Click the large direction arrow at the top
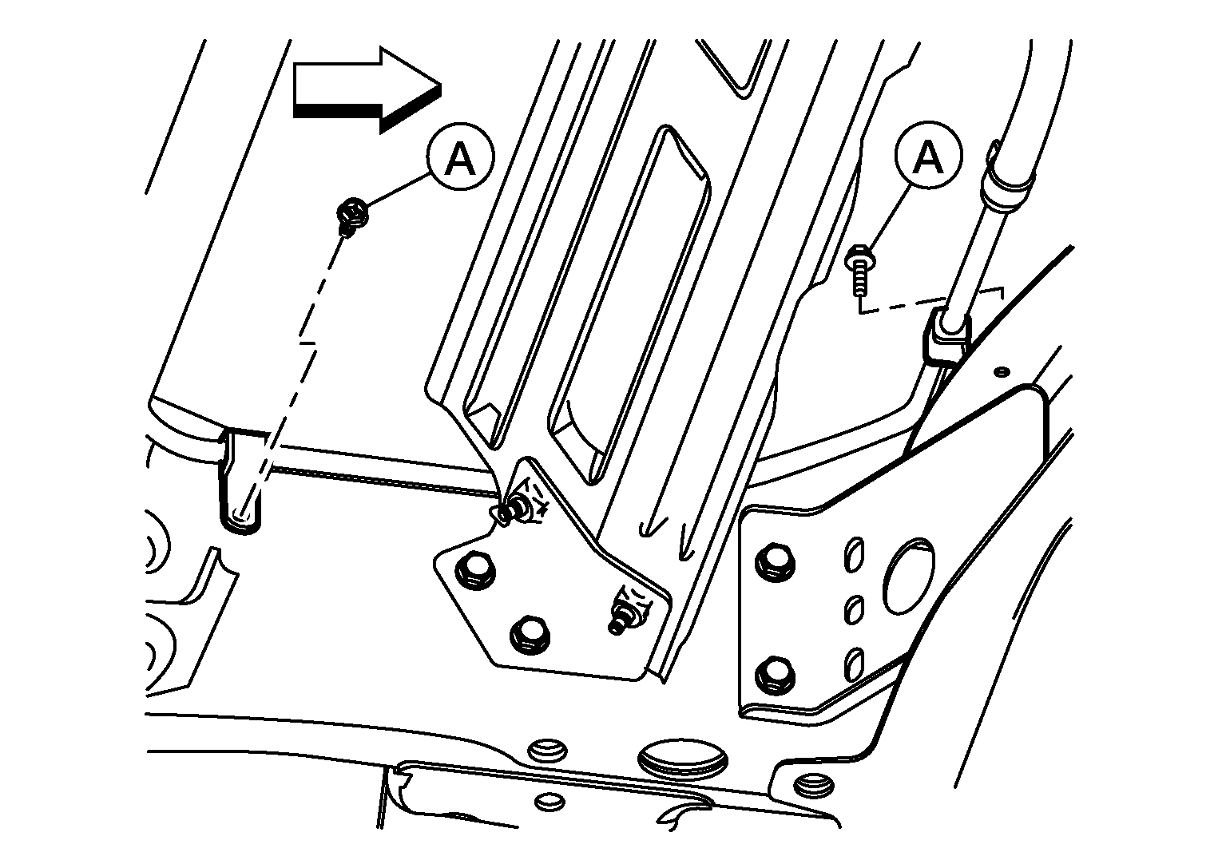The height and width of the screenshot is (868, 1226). point(367,90)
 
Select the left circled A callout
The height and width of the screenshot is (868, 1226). point(460,157)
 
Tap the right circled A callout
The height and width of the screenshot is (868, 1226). point(928,155)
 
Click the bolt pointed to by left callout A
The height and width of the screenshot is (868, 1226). point(351,214)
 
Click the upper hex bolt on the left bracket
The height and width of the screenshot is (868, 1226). point(474,572)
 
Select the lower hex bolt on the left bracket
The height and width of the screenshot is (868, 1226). point(530,635)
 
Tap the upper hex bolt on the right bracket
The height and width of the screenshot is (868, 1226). point(775,563)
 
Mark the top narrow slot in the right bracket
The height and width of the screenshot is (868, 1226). point(855,556)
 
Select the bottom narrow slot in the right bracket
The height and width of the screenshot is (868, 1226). point(855,665)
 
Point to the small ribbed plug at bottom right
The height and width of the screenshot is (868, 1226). point(813,787)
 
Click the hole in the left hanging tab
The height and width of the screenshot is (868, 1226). point(241,513)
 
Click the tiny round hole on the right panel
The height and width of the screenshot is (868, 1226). point(1002,372)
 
